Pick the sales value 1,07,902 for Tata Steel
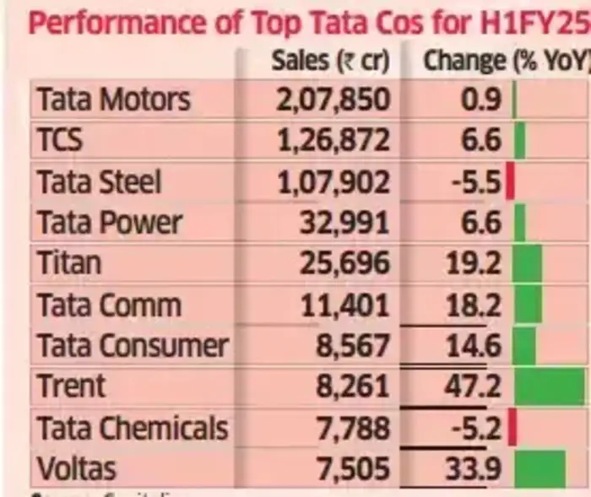(333, 182)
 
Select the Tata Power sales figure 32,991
(344, 223)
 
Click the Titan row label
(68, 263)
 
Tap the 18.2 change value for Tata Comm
(474, 305)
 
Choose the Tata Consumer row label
(133, 345)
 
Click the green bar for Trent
(549, 386)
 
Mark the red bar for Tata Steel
(510, 182)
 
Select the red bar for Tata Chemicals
(512, 428)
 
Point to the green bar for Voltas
(539, 468)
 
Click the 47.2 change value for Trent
(474, 386)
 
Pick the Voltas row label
(77, 468)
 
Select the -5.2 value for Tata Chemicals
(477, 428)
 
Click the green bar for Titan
(528, 263)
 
